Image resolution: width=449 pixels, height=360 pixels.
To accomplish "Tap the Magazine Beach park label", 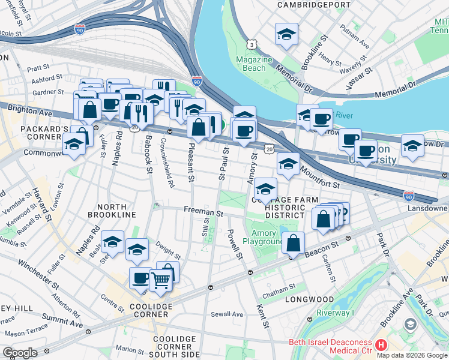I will coord(254,64).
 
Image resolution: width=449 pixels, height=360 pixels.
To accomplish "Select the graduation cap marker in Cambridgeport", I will coord(287,35).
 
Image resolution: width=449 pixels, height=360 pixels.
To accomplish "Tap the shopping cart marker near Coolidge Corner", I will coord(161,279).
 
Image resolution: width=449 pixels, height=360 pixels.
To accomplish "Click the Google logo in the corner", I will coord(20,353).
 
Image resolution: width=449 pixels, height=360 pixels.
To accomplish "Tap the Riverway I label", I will coord(336,313).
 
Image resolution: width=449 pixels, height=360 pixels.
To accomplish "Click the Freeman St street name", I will coord(203,212).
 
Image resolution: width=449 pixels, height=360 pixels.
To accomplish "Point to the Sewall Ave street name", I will coord(227,314).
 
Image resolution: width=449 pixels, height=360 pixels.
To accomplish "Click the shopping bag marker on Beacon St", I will coord(294,244).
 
